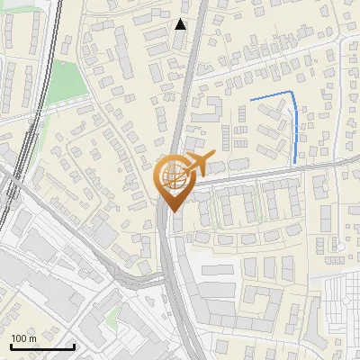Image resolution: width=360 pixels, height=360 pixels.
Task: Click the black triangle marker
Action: tap(181, 24)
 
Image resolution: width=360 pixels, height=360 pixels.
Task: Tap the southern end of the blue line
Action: tap(296, 162)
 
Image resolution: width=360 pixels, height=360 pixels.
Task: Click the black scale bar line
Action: tap(42, 346)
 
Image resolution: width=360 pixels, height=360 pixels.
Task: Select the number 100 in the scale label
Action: tap(19, 337)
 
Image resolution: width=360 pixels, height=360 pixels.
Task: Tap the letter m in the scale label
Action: tap(32, 337)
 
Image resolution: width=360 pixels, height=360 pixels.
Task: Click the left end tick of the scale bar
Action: tap(11, 345)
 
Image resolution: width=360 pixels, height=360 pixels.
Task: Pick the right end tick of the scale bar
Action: tap(74, 345)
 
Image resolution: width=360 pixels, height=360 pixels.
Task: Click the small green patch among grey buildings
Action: tap(112, 317)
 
